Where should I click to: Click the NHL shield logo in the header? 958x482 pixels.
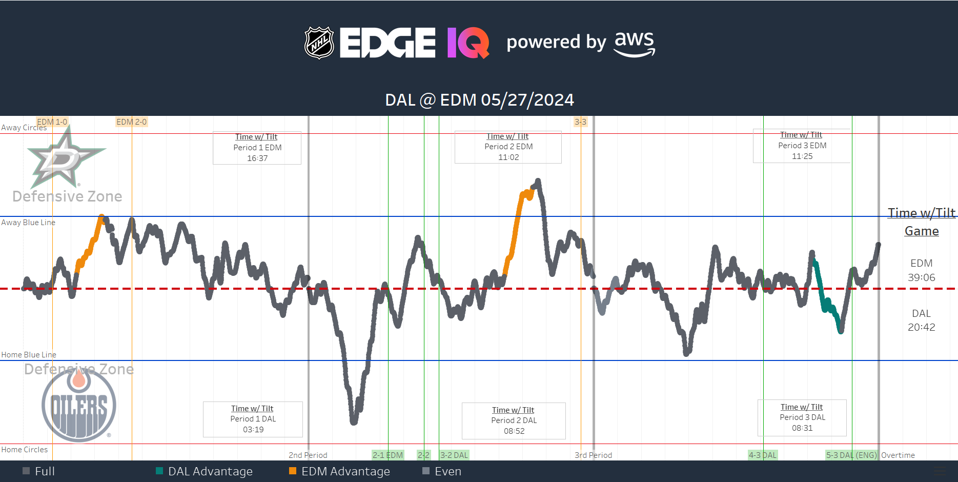(x=319, y=43)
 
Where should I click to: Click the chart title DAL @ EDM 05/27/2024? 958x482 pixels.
(x=479, y=99)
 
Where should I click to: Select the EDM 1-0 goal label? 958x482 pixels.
(x=52, y=122)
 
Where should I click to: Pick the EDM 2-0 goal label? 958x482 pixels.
(x=131, y=122)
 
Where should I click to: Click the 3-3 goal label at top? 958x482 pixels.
(x=580, y=122)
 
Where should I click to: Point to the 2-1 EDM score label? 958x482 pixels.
(x=388, y=455)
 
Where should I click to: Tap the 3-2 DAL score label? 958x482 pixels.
(x=454, y=455)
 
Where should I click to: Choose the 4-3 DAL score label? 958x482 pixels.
(x=763, y=455)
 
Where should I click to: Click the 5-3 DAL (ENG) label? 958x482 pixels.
(x=851, y=455)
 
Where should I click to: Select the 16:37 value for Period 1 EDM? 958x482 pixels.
(x=257, y=158)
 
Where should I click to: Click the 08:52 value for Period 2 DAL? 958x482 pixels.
(x=514, y=431)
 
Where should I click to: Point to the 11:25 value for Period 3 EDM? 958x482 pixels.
(x=802, y=156)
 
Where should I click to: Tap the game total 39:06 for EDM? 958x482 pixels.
(x=921, y=277)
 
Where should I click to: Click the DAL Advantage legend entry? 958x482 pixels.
(x=210, y=471)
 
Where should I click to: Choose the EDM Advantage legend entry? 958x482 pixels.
(x=345, y=471)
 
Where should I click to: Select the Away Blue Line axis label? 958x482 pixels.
(x=28, y=223)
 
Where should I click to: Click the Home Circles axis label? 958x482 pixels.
(x=25, y=450)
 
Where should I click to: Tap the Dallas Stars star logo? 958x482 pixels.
(x=65, y=158)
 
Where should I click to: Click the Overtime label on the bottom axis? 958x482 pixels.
(x=898, y=455)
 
